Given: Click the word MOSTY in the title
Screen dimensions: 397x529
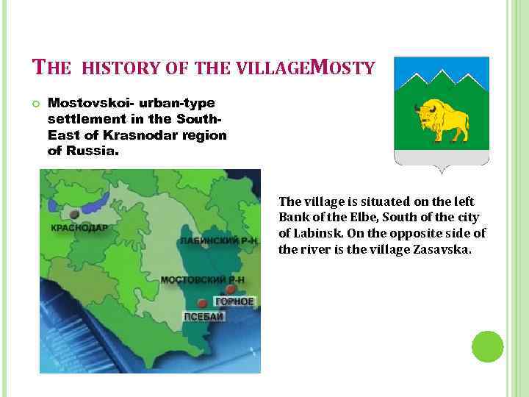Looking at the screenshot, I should point(343,68).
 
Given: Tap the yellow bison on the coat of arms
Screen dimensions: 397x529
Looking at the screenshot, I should point(442,120).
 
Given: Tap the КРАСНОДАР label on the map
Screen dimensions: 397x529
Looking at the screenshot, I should point(79,228).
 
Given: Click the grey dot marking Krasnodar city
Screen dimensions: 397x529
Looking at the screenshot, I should point(74,215).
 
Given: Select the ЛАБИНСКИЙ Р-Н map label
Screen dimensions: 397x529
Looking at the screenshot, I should point(220,241).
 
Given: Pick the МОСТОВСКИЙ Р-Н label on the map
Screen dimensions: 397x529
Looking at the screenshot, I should point(203,280).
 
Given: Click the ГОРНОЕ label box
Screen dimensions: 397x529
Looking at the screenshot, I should point(234,301).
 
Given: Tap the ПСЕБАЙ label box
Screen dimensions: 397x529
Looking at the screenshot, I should point(205,317).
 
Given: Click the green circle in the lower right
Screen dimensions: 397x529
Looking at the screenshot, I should point(487,346).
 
